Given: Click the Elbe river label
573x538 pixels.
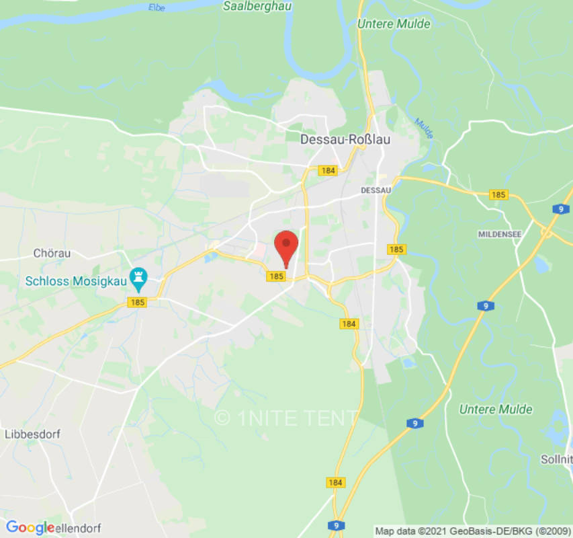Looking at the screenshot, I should (156, 7).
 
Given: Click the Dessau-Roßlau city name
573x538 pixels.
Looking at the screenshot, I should (345, 139).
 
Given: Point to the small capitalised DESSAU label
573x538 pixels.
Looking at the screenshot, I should (376, 190).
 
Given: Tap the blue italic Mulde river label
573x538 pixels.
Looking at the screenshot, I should (424, 128).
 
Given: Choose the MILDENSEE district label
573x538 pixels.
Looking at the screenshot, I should (501, 234).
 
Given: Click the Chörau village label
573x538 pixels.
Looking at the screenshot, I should (52, 254).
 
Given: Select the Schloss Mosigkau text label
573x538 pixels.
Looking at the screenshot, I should (74, 281).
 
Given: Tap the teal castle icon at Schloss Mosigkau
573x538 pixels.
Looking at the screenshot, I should (139, 276).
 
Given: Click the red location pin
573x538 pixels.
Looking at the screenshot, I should (287, 247).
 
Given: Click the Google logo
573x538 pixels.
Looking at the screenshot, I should (30, 527).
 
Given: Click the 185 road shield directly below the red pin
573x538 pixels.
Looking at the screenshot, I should (276, 276).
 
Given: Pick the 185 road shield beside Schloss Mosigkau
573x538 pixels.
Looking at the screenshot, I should (138, 303).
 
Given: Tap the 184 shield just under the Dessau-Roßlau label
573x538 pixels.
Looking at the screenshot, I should (328, 171).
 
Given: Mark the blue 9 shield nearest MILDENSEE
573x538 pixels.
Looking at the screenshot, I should (560, 209).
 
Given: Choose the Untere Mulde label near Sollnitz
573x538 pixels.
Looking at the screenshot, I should (496, 409).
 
